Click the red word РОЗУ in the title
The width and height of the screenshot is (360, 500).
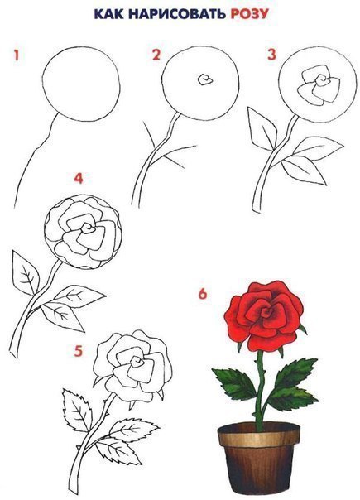pyautogui.click(x=250, y=14)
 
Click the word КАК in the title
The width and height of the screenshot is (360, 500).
pyautogui.click(x=108, y=14)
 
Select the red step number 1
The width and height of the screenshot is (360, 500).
pyautogui.click(x=17, y=55)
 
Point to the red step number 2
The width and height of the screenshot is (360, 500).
pyautogui.click(x=156, y=55)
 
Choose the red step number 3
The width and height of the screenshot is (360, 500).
pyautogui.click(x=271, y=54)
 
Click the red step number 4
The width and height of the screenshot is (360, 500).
pyautogui.click(x=79, y=178)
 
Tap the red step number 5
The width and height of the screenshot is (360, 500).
pyautogui.click(x=79, y=351)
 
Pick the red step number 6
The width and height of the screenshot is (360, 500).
pyautogui.click(x=203, y=293)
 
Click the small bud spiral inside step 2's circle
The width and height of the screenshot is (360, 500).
pyautogui.click(x=204, y=79)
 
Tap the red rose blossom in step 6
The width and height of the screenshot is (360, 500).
pyautogui.click(x=264, y=315)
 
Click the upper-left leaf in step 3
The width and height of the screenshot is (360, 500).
pyautogui.click(x=262, y=129)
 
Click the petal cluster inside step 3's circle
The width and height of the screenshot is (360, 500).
pyautogui.click(x=318, y=85)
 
